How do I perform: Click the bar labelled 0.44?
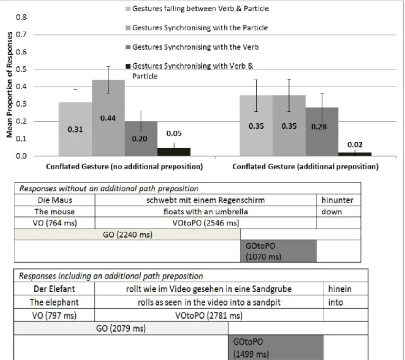[109, 118]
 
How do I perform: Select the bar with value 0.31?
[76, 129]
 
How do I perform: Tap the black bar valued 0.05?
[174, 152]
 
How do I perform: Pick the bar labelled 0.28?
[322, 131]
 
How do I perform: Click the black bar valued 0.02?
[355, 154]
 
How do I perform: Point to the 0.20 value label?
[139, 138]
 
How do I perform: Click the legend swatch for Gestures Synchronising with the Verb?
[128, 47]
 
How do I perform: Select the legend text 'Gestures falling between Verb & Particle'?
[201, 9]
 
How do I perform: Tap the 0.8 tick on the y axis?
[21, 17]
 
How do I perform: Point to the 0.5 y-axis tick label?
[21, 69]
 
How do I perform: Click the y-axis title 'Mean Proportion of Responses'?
[9, 85]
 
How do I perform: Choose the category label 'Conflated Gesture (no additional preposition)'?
[124, 167]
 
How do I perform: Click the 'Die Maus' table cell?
[55, 200]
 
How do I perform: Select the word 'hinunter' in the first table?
[337, 200]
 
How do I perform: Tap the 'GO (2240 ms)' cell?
[127, 234]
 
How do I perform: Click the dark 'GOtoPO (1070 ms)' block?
[278, 251]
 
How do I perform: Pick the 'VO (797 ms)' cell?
[54, 315]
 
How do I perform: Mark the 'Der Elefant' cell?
[54, 289]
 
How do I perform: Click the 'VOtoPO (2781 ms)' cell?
[209, 315]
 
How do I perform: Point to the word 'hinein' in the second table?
[339, 289]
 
